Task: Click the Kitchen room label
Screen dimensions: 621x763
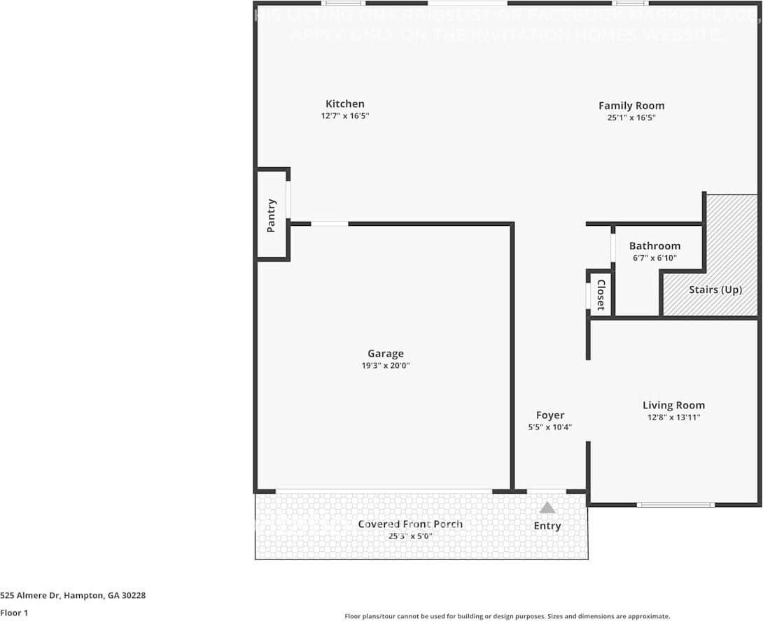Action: [x=344, y=104]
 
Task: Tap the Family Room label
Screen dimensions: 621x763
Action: [x=631, y=106]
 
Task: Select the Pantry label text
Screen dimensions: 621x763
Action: [x=272, y=215]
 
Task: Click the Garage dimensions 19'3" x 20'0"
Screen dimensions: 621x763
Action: [x=385, y=365]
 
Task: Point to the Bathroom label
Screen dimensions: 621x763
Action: [x=654, y=246]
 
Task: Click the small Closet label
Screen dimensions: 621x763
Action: [x=601, y=295]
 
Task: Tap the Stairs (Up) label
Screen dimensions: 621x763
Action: [x=715, y=290]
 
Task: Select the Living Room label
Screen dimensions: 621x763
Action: [x=673, y=405]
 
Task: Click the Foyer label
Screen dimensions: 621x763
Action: [x=550, y=415]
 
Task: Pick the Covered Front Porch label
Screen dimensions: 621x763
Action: [x=410, y=524]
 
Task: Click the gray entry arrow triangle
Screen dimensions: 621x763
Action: [x=547, y=508]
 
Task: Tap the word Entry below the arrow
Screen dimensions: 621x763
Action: [x=547, y=526]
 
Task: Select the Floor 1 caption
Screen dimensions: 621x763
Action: [x=15, y=613]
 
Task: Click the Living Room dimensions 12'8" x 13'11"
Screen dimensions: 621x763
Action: [x=673, y=417]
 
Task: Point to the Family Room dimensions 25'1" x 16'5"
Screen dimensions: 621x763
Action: [x=631, y=118]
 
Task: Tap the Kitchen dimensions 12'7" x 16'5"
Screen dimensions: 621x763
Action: [x=344, y=116]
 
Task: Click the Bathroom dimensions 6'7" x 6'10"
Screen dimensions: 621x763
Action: [x=654, y=258]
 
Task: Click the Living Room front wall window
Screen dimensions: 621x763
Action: [x=675, y=504]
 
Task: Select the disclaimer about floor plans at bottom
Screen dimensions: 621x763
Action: [x=507, y=616]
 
